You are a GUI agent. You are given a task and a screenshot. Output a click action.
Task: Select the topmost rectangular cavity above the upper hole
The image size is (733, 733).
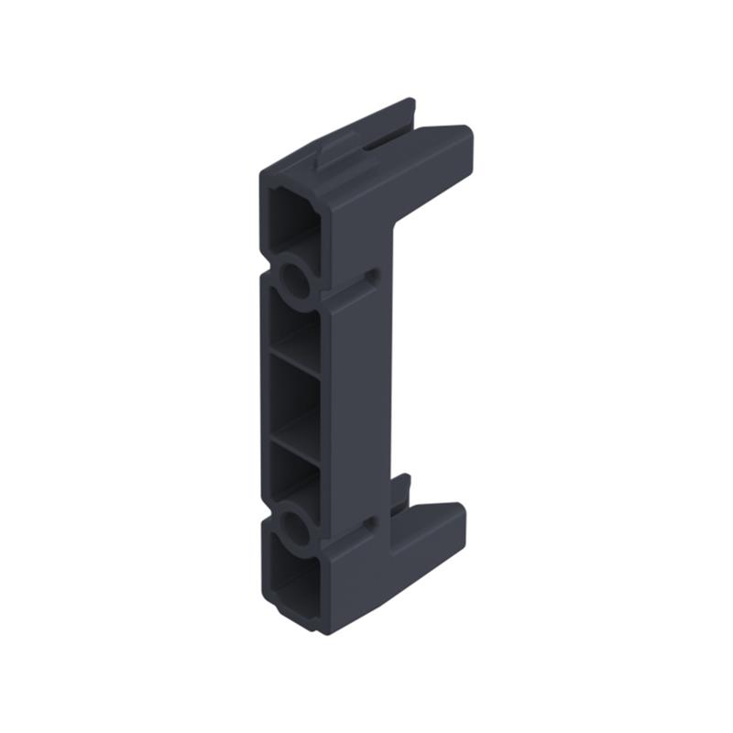(x=291, y=217)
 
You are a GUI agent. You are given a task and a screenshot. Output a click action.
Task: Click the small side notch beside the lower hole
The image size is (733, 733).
(x=371, y=523)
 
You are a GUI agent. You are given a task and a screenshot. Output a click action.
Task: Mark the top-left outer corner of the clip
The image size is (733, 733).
(x=263, y=173)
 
